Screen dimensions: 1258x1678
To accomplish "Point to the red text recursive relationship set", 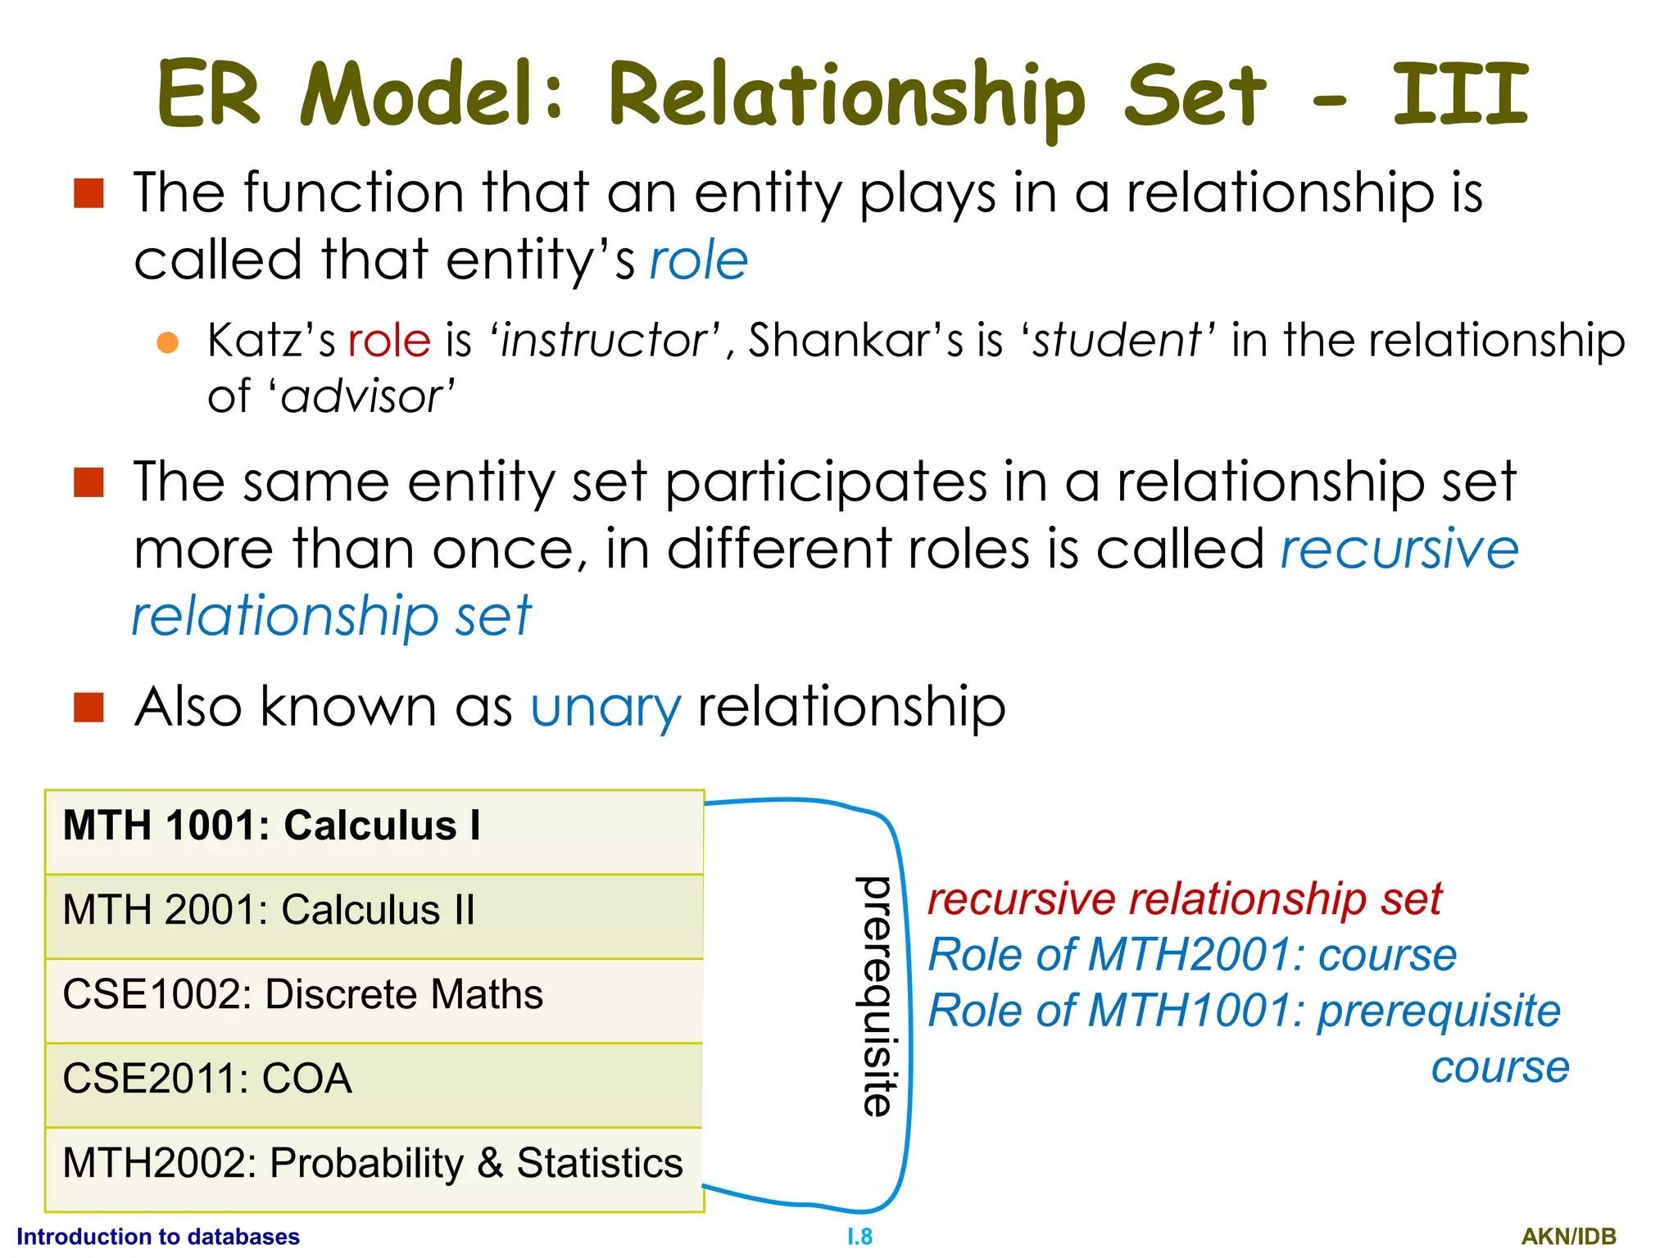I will tap(1184, 899).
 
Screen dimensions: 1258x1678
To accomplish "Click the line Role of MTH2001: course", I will tap(1192, 955).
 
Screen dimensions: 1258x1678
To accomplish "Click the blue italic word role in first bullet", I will tap(699, 261).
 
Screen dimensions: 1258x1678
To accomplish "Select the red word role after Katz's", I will tap(389, 340).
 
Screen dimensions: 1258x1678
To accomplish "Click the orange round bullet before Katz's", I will tap(168, 342).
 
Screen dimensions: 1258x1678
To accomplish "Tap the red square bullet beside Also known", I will tap(88, 707).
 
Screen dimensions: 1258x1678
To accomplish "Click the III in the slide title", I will tap(1461, 96).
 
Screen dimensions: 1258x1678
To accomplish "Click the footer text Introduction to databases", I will tap(158, 1236).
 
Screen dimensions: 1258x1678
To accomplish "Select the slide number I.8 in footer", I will tap(859, 1237).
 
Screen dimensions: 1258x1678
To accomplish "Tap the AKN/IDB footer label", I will tap(1568, 1237).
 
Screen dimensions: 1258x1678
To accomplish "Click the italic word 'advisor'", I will tap(361, 397).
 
